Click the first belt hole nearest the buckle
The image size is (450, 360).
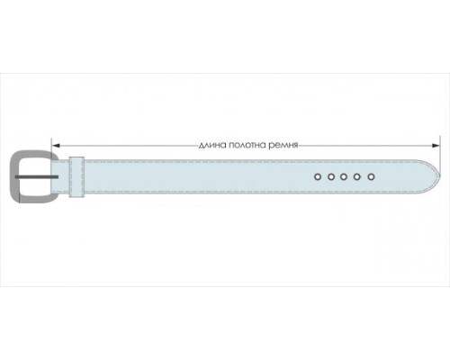click(318, 177)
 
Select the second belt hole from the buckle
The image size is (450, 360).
click(331, 177)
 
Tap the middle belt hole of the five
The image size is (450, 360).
click(344, 177)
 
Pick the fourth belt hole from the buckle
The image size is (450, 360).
click(356, 177)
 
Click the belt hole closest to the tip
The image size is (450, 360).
click(371, 177)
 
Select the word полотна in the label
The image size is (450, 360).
click(247, 145)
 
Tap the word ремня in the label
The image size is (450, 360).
click(283, 145)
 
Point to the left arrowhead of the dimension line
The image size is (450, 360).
click(56, 146)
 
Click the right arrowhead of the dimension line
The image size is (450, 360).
click(436, 146)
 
